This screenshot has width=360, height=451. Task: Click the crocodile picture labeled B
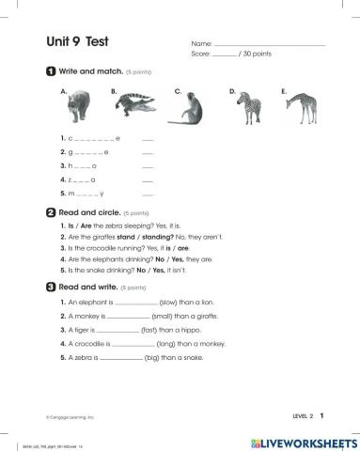point(137,105)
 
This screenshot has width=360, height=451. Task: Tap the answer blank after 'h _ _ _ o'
point(147,165)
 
